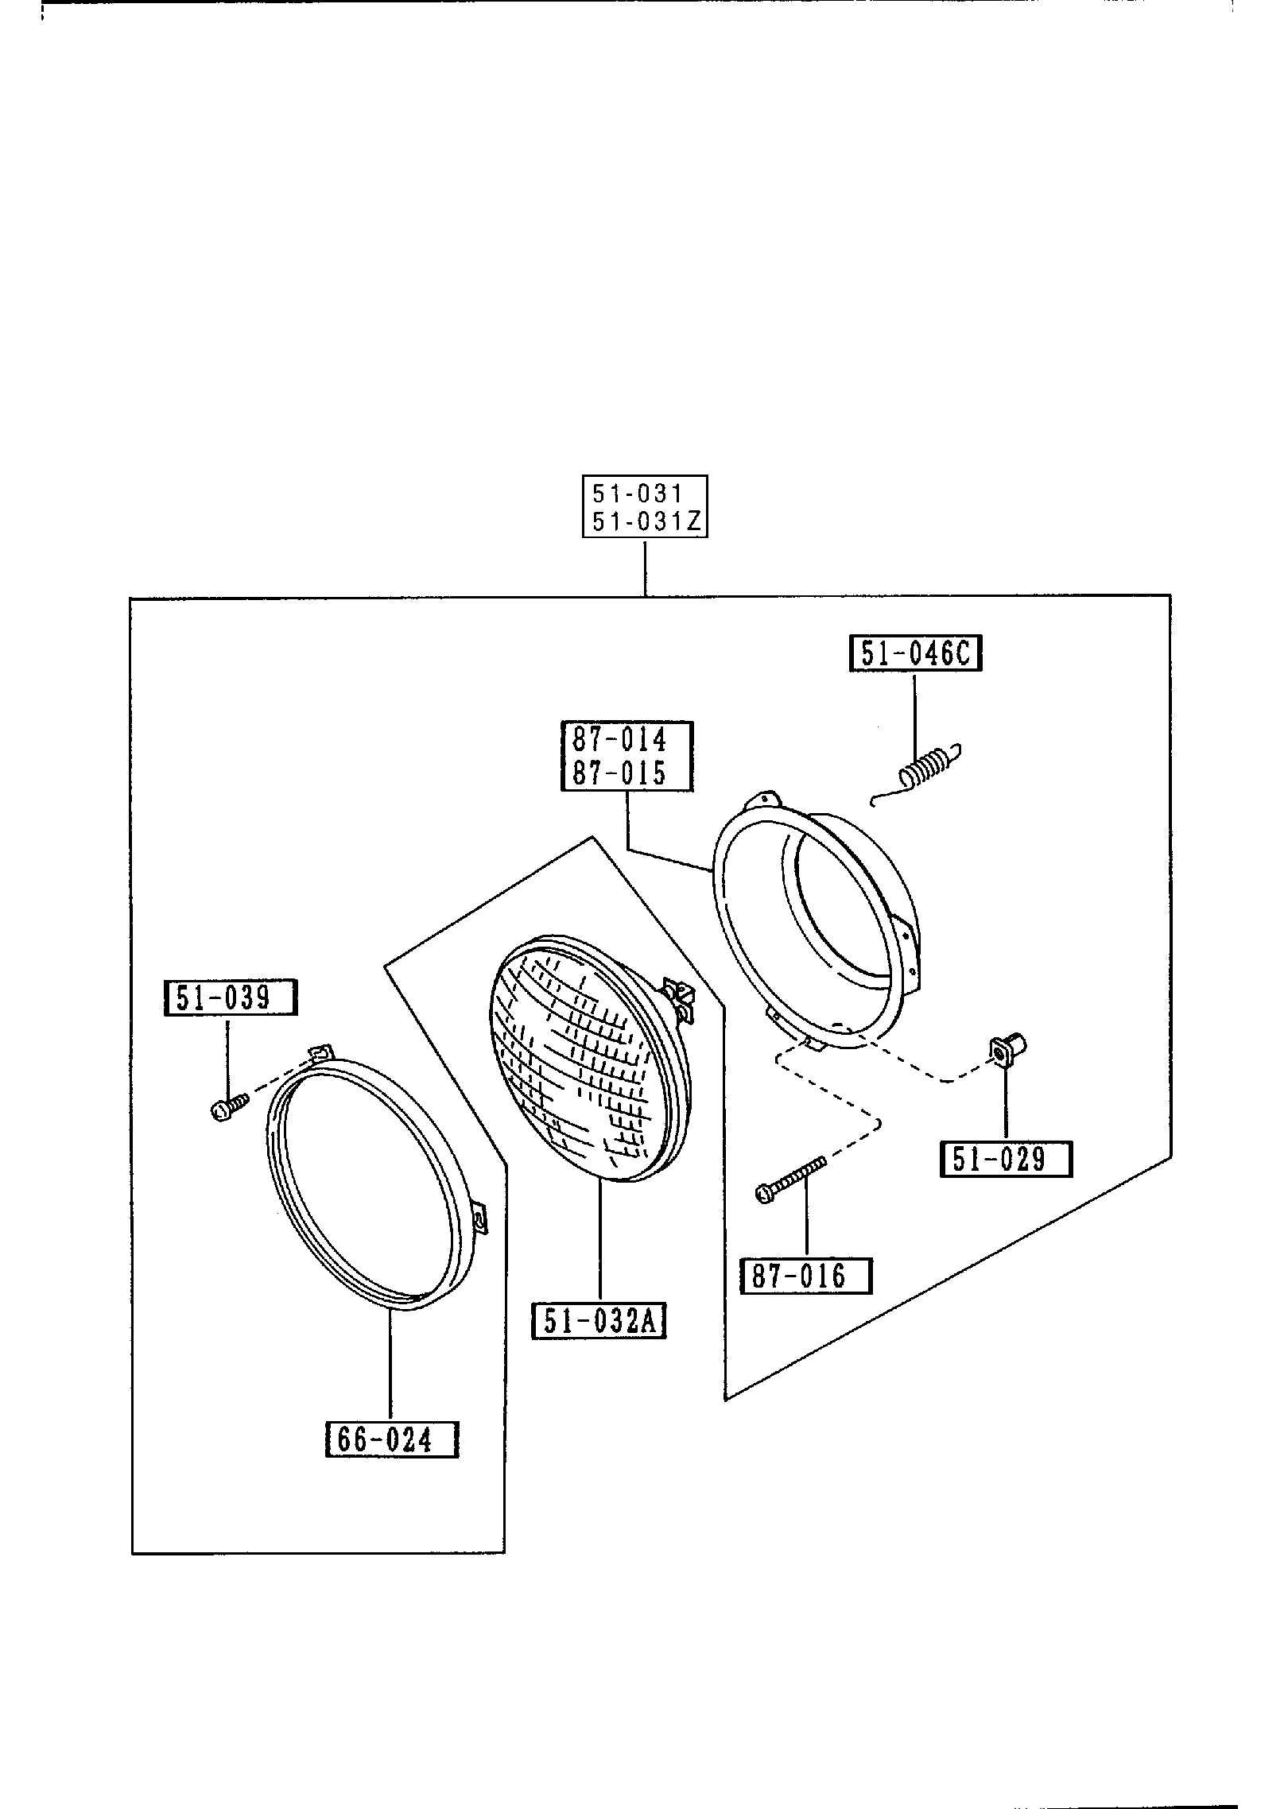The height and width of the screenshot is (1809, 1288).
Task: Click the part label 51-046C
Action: (x=915, y=653)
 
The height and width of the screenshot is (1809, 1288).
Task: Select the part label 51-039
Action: (x=230, y=997)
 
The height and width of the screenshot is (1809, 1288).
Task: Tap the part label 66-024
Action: (x=392, y=1439)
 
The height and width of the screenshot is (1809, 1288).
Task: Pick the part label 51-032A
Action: (x=599, y=1322)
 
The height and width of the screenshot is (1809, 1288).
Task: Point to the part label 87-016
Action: (x=805, y=1276)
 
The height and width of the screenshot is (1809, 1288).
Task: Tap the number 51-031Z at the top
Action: (x=644, y=522)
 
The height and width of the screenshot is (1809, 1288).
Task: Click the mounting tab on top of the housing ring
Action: (x=765, y=798)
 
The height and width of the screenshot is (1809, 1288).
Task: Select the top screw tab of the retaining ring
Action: (x=320, y=1054)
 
